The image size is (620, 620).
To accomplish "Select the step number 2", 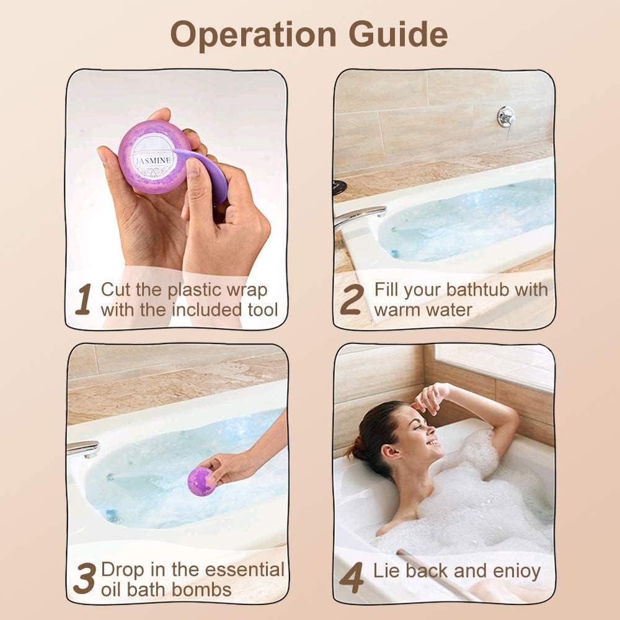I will pos(352,299).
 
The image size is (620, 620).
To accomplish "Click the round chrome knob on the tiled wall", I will pos(507,116).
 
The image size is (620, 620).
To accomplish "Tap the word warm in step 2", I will pos(398,309).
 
